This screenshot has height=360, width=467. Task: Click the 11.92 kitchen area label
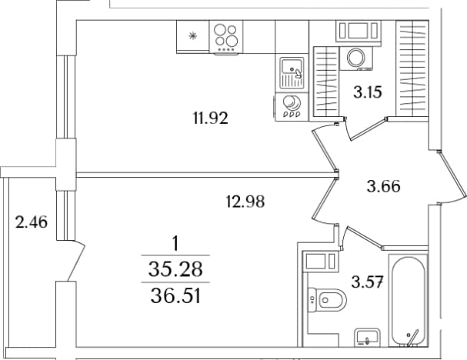[x=211, y=118]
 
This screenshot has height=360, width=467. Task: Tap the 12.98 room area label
[x=245, y=202]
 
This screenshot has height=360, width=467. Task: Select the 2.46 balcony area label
[x=32, y=222]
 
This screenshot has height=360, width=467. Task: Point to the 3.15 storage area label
[x=368, y=92]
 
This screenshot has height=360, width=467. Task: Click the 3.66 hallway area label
[x=384, y=187]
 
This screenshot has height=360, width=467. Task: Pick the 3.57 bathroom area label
[x=367, y=282]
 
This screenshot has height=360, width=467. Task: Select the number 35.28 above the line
[x=175, y=268]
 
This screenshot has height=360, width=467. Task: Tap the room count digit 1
[x=175, y=243]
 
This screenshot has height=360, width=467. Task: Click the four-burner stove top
[x=226, y=37]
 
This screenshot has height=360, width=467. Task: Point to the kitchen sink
[x=292, y=72]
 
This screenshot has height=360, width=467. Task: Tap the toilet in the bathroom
[x=327, y=300]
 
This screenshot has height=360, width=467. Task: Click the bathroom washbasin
[x=367, y=338]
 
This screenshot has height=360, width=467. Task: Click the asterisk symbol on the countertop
[x=193, y=36]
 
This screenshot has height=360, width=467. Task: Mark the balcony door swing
[x=75, y=261]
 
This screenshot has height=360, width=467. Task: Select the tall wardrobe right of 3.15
[x=412, y=68]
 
